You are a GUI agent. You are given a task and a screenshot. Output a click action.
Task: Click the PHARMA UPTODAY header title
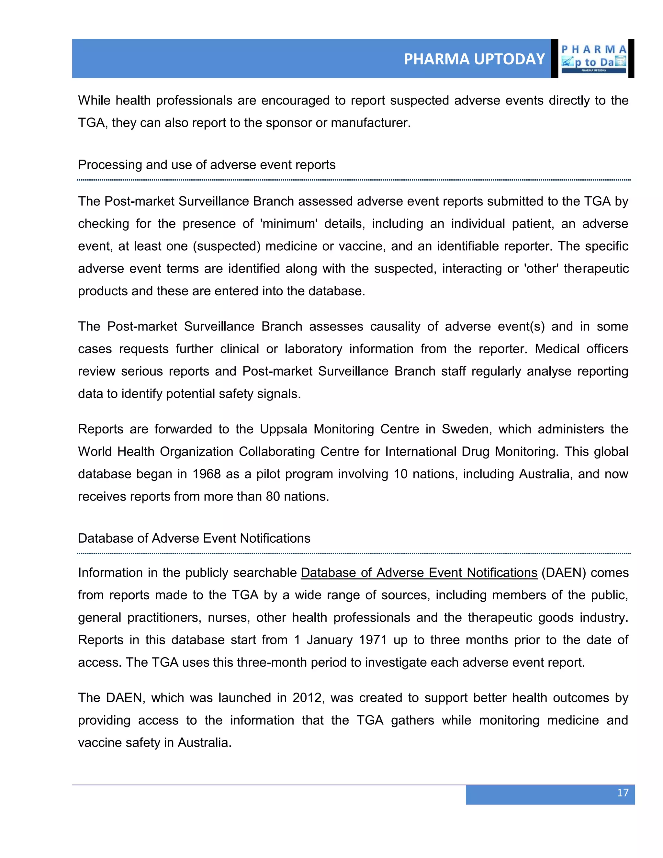(x=474, y=59)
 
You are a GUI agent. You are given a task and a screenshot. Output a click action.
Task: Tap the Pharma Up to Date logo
(x=593, y=59)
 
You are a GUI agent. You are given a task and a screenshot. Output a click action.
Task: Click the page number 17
(x=623, y=792)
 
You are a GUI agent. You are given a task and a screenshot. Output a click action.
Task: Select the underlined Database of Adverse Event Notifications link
(x=419, y=572)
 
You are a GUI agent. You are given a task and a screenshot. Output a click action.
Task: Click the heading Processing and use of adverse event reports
(x=207, y=164)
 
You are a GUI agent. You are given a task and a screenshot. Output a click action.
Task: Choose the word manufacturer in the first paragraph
(x=370, y=123)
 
